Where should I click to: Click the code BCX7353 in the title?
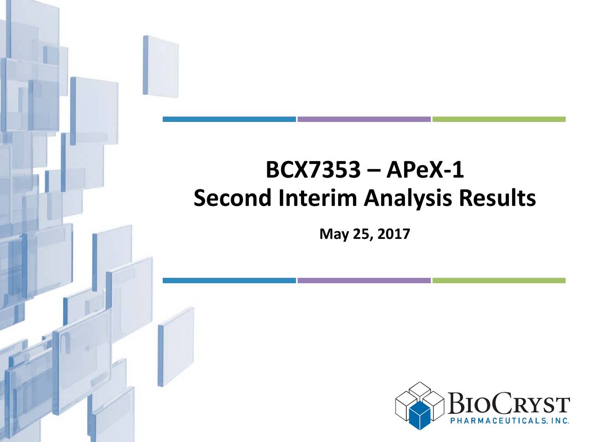click(313, 172)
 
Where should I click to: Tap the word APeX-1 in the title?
click(425, 172)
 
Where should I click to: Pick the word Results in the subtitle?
click(498, 199)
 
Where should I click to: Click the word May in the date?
click(333, 235)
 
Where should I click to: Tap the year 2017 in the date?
click(393, 235)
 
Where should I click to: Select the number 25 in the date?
click(361, 235)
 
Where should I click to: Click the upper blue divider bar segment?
click(229, 119)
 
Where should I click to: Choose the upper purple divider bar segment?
click(364, 119)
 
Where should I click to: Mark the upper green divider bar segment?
click(499, 119)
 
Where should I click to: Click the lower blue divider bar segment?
click(229, 280)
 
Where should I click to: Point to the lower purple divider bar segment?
click(364, 280)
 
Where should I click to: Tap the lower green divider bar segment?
click(499, 280)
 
